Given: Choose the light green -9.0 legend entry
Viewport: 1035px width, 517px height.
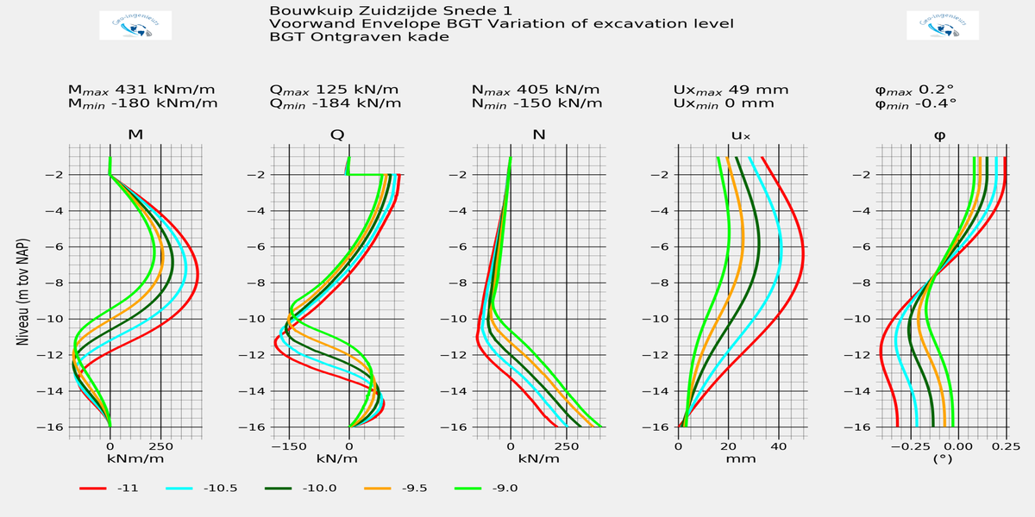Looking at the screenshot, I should click(x=503, y=489).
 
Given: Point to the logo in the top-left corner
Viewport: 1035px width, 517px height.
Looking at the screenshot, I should click(x=136, y=26).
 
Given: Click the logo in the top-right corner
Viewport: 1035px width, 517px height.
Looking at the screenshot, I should click(x=943, y=26).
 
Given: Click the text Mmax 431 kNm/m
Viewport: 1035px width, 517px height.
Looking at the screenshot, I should click(x=142, y=90).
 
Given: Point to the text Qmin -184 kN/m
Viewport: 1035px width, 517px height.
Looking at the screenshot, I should click(x=336, y=104).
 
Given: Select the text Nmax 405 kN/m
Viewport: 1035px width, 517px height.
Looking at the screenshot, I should click(x=537, y=90).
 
